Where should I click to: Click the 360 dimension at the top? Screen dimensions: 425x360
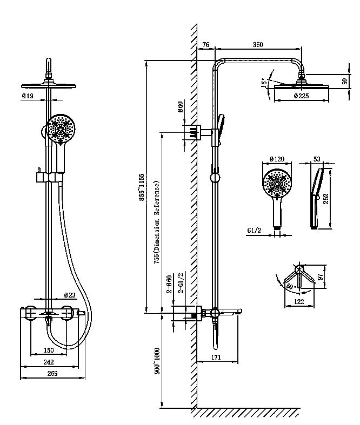pos(258,45)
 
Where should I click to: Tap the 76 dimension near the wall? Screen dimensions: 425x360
pos(206,45)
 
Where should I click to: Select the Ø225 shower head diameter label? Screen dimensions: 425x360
pos(301,96)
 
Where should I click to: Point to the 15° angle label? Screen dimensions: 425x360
pos(264,83)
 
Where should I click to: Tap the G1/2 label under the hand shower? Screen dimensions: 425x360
pos(255,231)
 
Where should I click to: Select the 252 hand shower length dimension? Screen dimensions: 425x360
pos(326,198)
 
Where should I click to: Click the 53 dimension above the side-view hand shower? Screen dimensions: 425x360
pos(317,159)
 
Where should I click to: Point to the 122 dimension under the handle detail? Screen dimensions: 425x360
pos(299,301)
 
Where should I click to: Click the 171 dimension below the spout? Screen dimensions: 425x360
pos(216,357)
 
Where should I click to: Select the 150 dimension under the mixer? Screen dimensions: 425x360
pos(49,350)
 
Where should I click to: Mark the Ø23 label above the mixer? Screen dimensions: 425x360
pos(69,295)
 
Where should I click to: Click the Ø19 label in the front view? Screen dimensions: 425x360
pos(28,96)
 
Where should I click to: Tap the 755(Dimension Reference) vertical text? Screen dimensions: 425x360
pos(157,221)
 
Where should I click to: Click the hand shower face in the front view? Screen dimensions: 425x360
pos(61,130)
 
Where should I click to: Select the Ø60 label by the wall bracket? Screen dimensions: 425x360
pos(181,108)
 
